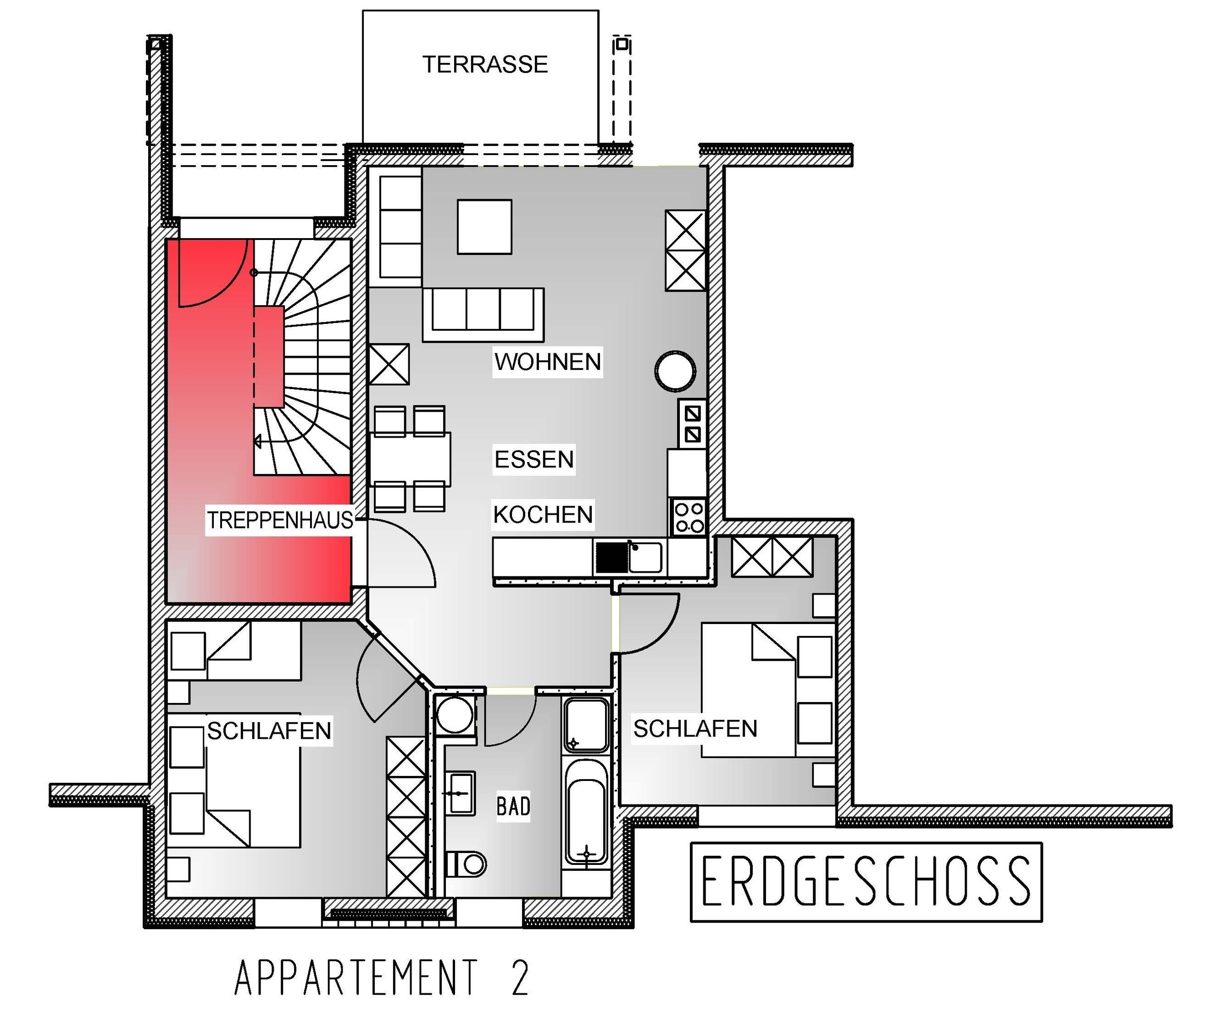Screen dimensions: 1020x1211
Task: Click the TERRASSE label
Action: point(484,64)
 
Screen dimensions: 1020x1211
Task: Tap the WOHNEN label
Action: point(547,362)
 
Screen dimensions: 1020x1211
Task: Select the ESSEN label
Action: point(533,460)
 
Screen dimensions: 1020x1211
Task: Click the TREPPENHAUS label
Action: point(280,520)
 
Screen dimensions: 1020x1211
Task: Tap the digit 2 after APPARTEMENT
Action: point(520,978)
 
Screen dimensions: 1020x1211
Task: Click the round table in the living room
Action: point(675,371)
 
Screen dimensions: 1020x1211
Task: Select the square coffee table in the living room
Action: point(484,227)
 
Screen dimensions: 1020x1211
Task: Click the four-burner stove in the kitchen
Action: point(689,518)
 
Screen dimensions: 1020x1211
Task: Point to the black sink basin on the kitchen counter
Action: point(611,557)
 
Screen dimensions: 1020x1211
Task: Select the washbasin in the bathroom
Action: point(460,793)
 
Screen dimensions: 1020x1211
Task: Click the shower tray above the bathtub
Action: point(586,725)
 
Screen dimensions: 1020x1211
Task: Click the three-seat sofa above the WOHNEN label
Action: point(483,313)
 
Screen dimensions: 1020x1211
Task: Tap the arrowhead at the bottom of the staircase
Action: point(258,442)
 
